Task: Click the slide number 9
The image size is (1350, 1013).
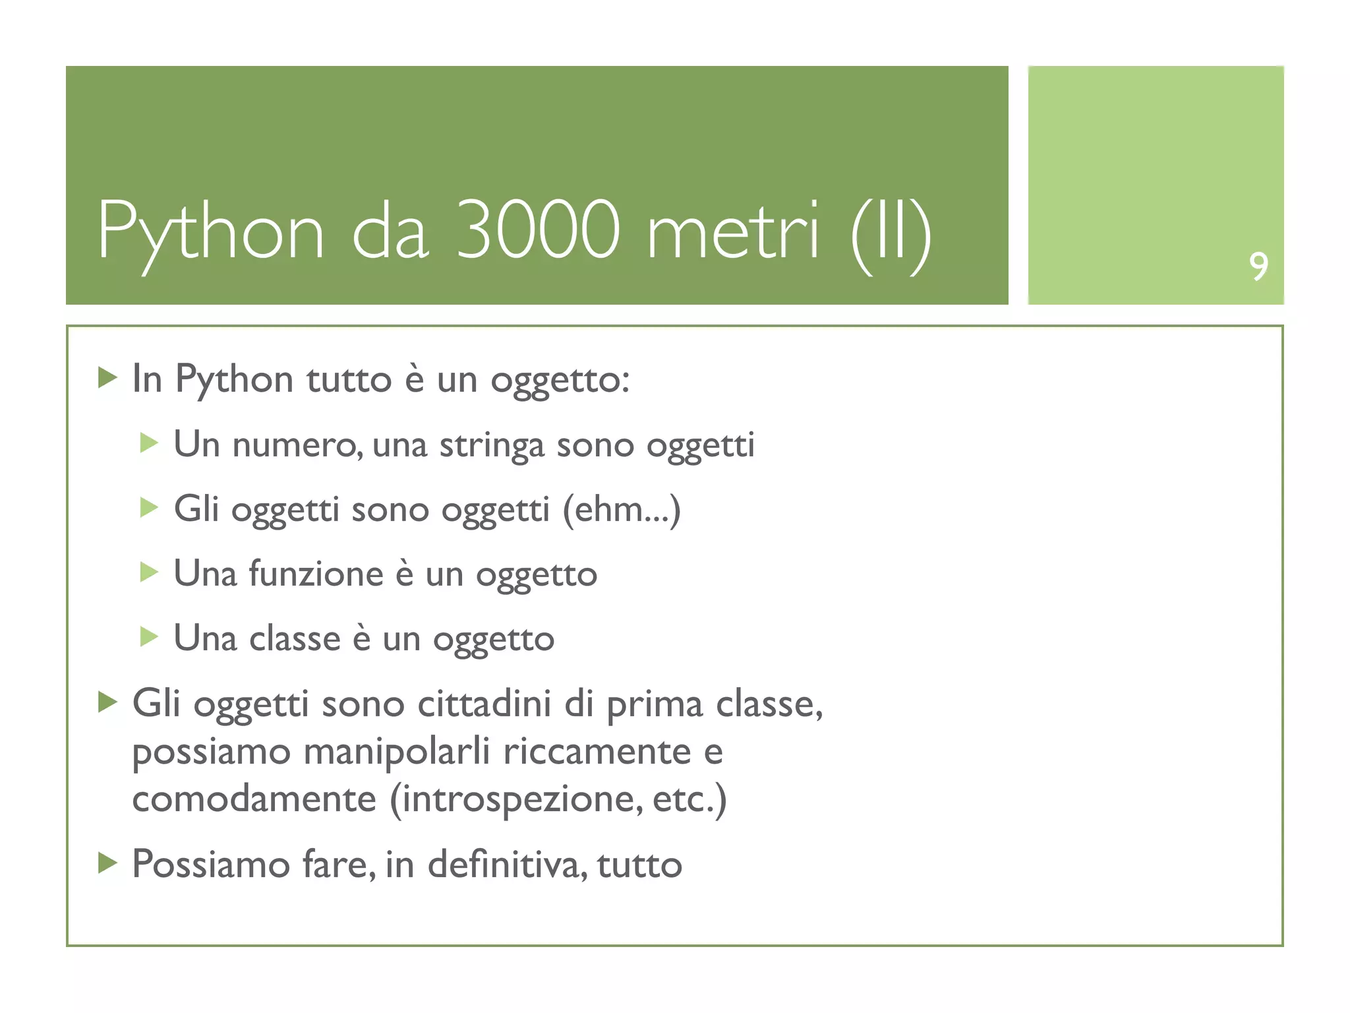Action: pyautogui.click(x=1258, y=266)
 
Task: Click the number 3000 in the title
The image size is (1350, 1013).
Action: pyautogui.click(x=538, y=230)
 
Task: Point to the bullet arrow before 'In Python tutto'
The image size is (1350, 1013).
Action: pyautogui.click(x=107, y=378)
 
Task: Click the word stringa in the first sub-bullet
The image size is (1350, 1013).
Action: pyautogui.click(x=492, y=445)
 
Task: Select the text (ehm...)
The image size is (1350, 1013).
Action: pyautogui.click(x=621, y=510)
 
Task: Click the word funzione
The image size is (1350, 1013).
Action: pyautogui.click(x=316, y=573)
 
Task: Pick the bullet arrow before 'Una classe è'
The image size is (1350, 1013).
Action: pyautogui.click(x=149, y=637)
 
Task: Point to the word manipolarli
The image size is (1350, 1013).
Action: pyautogui.click(x=397, y=751)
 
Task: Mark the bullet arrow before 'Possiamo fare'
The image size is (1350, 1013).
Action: pyautogui.click(x=107, y=863)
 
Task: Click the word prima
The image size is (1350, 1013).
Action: pyautogui.click(x=655, y=704)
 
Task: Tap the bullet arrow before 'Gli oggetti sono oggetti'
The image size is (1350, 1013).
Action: pyautogui.click(x=149, y=508)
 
